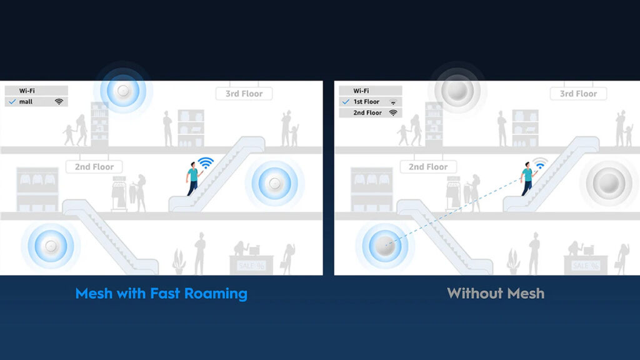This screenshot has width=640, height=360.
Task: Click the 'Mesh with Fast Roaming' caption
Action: click(x=161, y=294)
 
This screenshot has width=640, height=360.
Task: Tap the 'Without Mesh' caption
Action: click(x=496, y=294)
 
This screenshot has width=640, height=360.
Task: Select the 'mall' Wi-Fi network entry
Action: click(x=36, y=102)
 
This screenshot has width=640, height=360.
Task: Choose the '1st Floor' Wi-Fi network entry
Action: click(x=371, y=102)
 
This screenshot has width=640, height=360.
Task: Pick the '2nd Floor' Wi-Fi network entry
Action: click(x=371, y=112)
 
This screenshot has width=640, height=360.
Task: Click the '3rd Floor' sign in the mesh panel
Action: click(x=244, y=94)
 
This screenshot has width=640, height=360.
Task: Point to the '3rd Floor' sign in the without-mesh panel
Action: click(x=578, y=94)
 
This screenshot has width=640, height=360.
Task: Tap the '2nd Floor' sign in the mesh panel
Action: click(x=94, y=166)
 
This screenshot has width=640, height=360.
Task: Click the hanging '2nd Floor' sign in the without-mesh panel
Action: click(x=428, y=166)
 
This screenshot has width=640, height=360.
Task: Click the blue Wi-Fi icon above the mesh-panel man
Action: click(x=206, y=163)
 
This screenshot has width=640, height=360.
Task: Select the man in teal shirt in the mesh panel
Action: click(x=193, y=179)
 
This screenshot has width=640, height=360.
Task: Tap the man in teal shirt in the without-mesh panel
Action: click(x=527, y=179)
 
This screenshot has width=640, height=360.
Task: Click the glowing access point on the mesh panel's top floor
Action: click(x=123, y=91)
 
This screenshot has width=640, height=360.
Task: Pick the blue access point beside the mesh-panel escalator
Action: click(x=275, y=184)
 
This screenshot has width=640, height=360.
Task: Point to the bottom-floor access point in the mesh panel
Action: click(x=51, y=246)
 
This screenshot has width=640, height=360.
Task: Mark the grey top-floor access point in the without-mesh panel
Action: click(x=457, y=90)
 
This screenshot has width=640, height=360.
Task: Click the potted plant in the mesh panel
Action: click(x=179, y=262)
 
